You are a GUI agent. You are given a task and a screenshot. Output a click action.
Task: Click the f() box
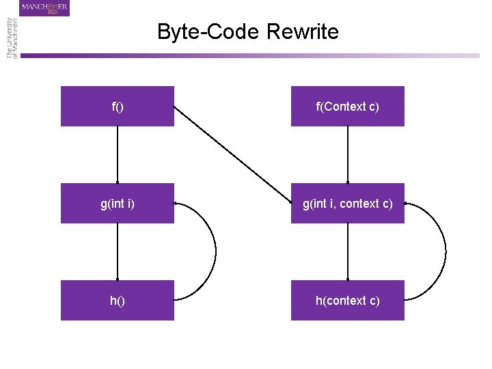point(117,107)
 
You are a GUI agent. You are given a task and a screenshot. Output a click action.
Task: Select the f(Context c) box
point(347,107)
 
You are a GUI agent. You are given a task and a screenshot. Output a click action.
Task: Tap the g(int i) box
point(117,203)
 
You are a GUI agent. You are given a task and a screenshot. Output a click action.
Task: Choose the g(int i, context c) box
point(347,203)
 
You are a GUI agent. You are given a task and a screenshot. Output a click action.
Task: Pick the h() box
point(117,301)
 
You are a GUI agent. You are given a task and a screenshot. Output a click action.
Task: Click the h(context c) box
point(347,301)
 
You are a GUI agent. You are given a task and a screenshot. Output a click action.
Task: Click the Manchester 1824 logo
point(45,8)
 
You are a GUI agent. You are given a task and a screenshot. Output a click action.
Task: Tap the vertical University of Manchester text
point(12,38)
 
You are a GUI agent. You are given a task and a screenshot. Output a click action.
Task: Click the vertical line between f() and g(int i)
point(118,154)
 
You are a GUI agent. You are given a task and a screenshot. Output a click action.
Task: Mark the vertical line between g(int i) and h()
point(118,251)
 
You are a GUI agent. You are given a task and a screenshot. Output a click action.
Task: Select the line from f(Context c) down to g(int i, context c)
point(348,154)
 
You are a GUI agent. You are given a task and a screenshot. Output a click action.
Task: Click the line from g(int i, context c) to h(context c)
point(348,251)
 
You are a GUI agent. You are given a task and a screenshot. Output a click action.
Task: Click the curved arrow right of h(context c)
point(444,251)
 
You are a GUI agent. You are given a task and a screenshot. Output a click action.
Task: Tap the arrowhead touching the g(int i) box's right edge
point(177,203)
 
